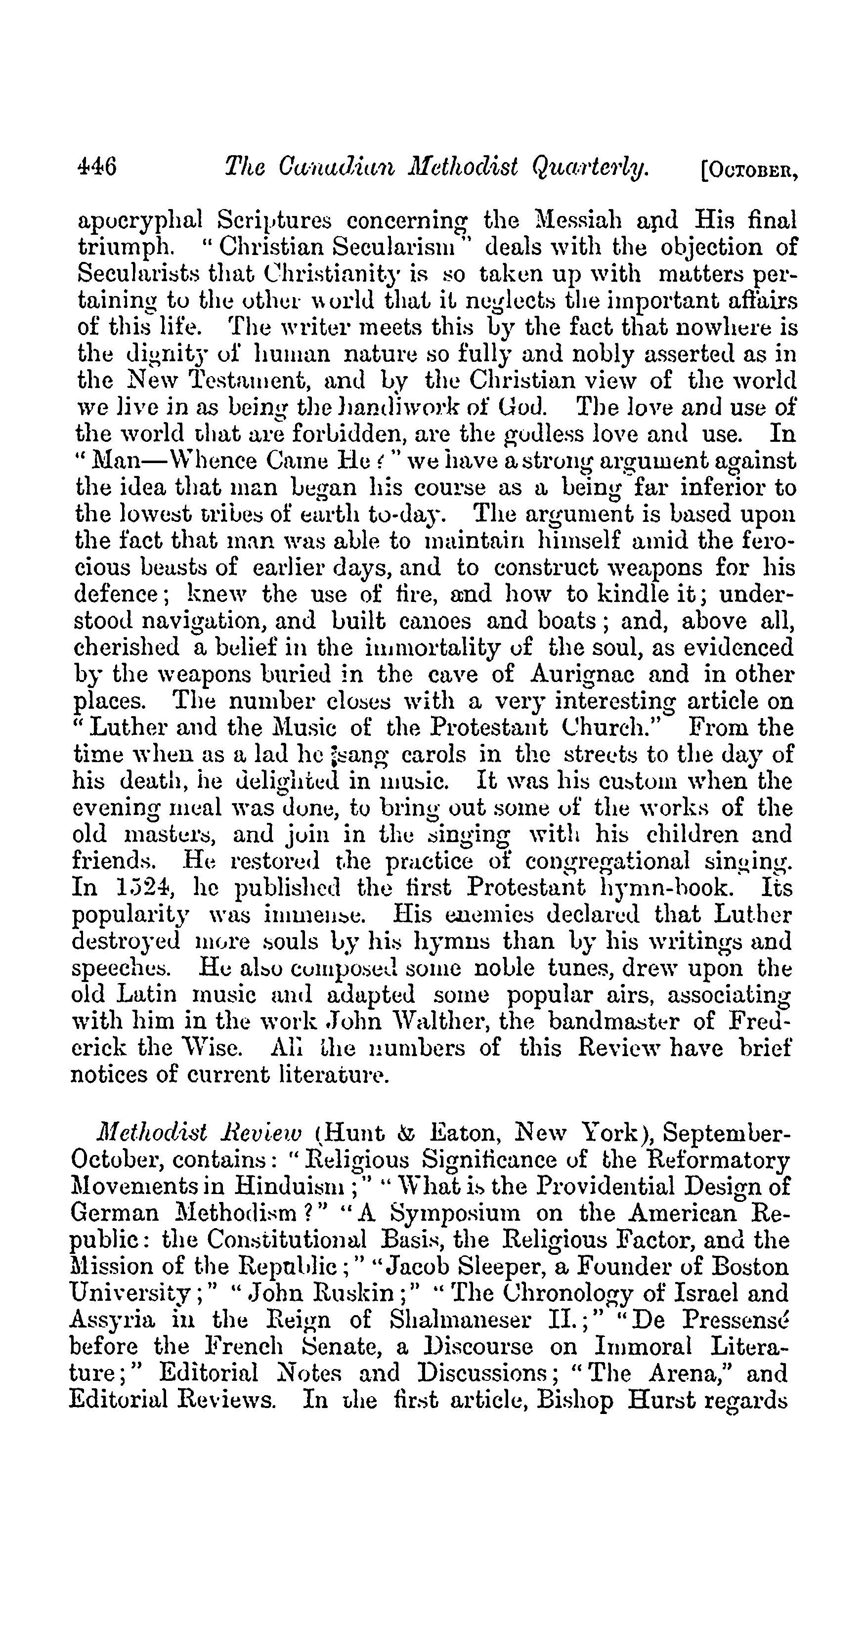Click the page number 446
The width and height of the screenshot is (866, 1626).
(x=96, y=168)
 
